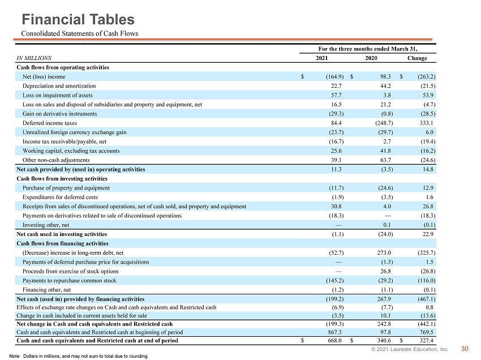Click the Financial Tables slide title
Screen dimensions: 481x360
[x=78, y=19]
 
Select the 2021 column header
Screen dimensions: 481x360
[x=322, y=58]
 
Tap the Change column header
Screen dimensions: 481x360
[x=417, y=58]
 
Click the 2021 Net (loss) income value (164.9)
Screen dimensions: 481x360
[x=334, y=77]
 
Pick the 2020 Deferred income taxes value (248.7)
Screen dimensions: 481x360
[x=384, y=123]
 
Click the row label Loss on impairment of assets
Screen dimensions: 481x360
[x=57, y=95]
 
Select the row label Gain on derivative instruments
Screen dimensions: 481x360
[x=59, y=114]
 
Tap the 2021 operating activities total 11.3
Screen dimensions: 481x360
[x=336, y=169]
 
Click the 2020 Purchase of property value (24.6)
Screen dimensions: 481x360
[x=385, y=188]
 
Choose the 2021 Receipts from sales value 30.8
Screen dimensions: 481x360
[x=336, y=207]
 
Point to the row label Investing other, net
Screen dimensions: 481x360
[x=46, y=225]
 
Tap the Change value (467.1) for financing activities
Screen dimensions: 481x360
[x=427, y=299]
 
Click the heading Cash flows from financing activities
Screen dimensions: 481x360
[x=62, y=243]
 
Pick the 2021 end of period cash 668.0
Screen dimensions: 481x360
[x=334, y=340]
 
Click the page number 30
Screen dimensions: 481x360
[x=465, y=349]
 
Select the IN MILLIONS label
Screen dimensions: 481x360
[x=34, y=58]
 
